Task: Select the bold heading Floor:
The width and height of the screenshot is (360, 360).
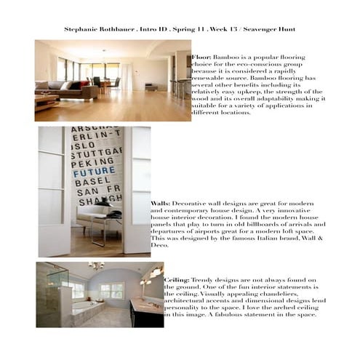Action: [x=201, y=56]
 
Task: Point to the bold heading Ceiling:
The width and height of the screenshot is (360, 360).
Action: [x=177, y=279]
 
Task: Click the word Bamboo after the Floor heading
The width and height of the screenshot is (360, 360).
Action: [x=225, y=56]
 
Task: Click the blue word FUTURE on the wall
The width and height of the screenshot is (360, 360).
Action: [x=94, y=172]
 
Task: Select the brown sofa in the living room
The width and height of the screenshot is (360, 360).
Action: [x=65, y=90]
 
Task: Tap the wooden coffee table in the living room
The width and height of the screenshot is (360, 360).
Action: [x=45, y=101]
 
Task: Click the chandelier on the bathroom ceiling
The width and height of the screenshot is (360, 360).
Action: [x=95, y=266]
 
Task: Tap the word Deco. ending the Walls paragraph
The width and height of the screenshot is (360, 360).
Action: [x=160, y=245]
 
